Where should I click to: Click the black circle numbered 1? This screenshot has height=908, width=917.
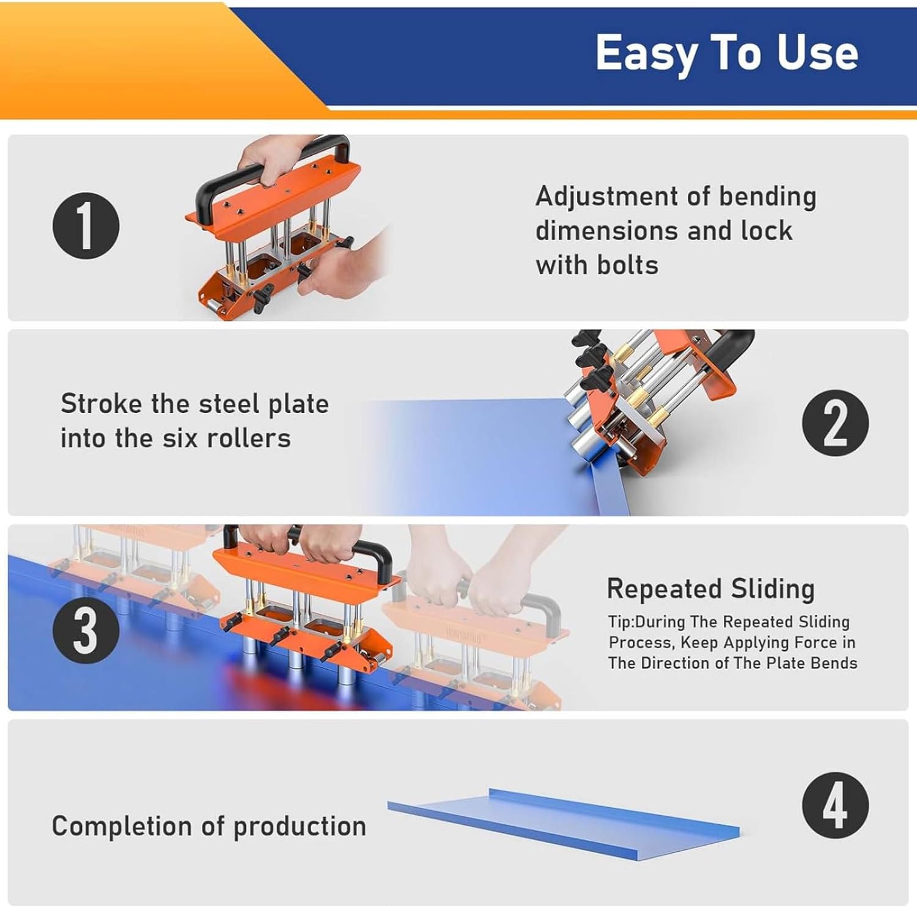pyautogui.click(x=86, y=225)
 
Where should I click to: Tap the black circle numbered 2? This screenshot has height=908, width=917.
pyautogui.click(x=835, y=423)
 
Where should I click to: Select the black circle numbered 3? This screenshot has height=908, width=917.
pyautogui.click(x=86, y=631)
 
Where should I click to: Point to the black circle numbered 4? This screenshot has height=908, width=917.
pyautogui.click(x=835, y=805)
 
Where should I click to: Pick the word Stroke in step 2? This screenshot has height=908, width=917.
pyautogui.click(x=101, y=404)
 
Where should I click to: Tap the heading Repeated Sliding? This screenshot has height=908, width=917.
pyautogui.click(x=710, y=589)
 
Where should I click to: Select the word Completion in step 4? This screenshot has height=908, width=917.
pyautogui.click(x=122, y=826)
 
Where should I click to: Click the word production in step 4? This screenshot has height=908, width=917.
pyautogui.click(x=300, y=826)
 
